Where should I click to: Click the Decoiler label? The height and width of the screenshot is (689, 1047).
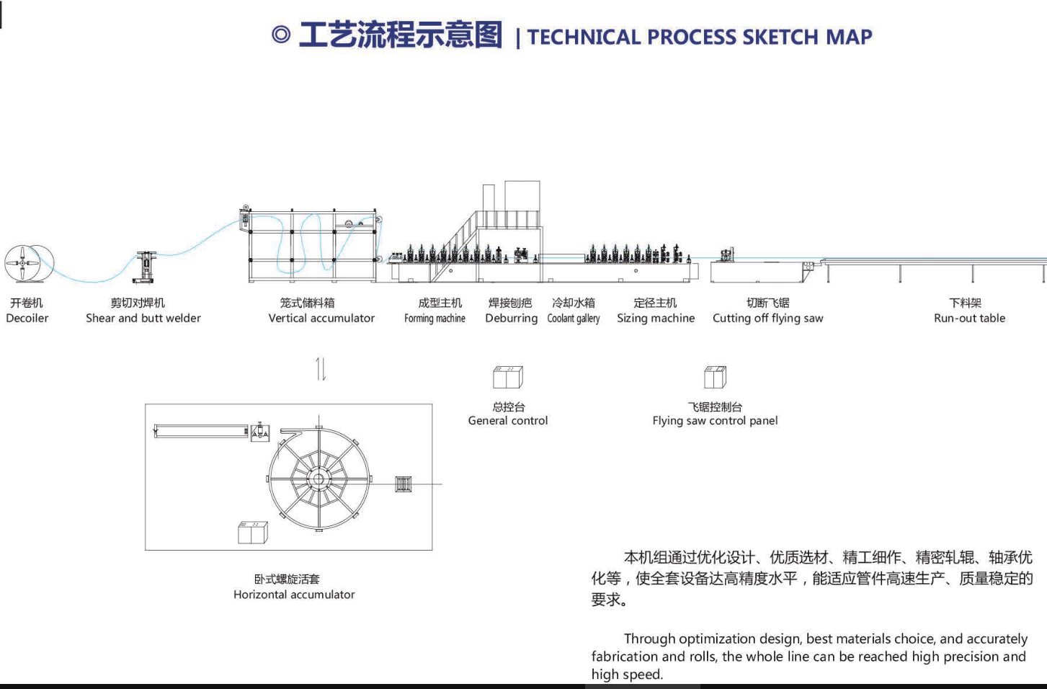coord(27,319)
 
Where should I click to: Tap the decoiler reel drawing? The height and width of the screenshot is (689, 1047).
coord(29,262)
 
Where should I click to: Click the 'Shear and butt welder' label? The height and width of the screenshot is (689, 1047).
coord(143,319)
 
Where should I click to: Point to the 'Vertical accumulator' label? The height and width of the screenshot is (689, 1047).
coord(321,319)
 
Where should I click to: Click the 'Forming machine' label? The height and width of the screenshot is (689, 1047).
coord(435,319)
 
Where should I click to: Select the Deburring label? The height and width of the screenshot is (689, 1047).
coord(512,319)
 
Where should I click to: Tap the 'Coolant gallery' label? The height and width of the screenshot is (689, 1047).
coord(574,319)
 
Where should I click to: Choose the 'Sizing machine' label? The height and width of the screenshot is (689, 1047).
coord(656,319)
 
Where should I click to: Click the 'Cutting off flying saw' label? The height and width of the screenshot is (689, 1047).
coord(768,319)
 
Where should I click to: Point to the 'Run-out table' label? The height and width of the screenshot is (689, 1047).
coord(969,319)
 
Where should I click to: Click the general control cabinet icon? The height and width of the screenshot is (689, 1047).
coord(508,377)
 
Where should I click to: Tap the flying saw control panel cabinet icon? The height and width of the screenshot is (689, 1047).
coord(715,377)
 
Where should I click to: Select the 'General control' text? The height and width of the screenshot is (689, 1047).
coord(508,421)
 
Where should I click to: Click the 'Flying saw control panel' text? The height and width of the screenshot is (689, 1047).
coord(715,421)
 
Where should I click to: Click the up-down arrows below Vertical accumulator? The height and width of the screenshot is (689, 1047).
coord(321,369)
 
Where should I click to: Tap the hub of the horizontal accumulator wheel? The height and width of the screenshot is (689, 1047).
coord(318,479)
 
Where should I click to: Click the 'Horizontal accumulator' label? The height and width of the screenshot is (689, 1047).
coord(294,595)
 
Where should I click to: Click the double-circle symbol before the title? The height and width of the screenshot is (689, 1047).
coord(281,35)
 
